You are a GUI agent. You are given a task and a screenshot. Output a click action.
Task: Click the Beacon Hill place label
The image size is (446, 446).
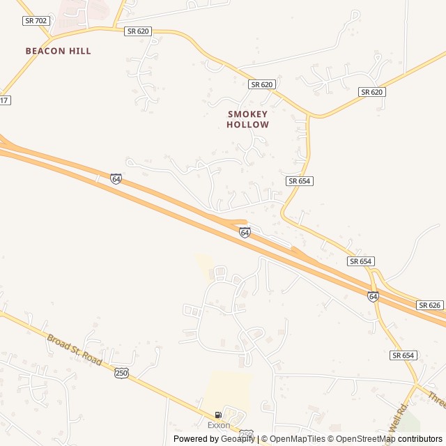click(58, 51)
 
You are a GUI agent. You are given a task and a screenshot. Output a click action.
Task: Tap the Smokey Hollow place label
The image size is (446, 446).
click(247, 119)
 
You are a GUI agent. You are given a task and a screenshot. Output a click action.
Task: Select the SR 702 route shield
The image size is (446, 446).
click(34, 21)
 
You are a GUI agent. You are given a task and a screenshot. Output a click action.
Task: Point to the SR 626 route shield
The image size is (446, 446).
click(430, 305)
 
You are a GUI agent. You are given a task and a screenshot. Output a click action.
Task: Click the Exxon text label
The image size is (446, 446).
click(218, 425)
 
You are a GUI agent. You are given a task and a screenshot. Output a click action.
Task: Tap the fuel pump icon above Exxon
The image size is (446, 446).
click(218, 415)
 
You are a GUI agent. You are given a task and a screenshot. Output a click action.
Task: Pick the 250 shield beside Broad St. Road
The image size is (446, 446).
click(121, 373)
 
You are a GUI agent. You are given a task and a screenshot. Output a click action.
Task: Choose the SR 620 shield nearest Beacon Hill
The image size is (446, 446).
click(138, 31)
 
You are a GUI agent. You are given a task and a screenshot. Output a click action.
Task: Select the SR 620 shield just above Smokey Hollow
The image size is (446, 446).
click(261, 84)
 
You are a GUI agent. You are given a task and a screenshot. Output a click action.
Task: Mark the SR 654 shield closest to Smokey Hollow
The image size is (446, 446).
click(299, 180)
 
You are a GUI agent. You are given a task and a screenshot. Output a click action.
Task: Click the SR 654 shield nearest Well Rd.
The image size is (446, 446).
click(403, 355)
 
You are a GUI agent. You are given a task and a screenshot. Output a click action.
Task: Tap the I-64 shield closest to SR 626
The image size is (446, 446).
click(373, 296)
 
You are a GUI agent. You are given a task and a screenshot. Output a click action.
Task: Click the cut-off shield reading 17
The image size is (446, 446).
click(5, 100)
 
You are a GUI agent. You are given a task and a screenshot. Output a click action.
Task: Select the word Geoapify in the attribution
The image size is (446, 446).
click(238, 439)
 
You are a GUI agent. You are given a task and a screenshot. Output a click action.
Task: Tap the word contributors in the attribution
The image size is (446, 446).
click(421, 439)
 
